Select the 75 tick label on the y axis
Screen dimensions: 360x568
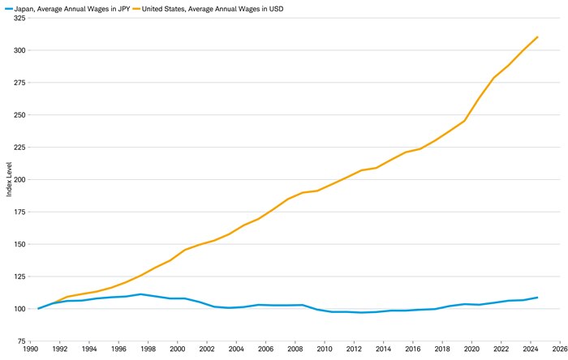(21, 341)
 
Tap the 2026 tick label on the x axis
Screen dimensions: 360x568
(559, 350)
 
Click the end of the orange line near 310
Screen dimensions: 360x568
(537, 36)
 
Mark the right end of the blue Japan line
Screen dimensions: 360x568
(537, 298)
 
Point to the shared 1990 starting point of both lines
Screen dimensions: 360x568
(38, 309)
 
